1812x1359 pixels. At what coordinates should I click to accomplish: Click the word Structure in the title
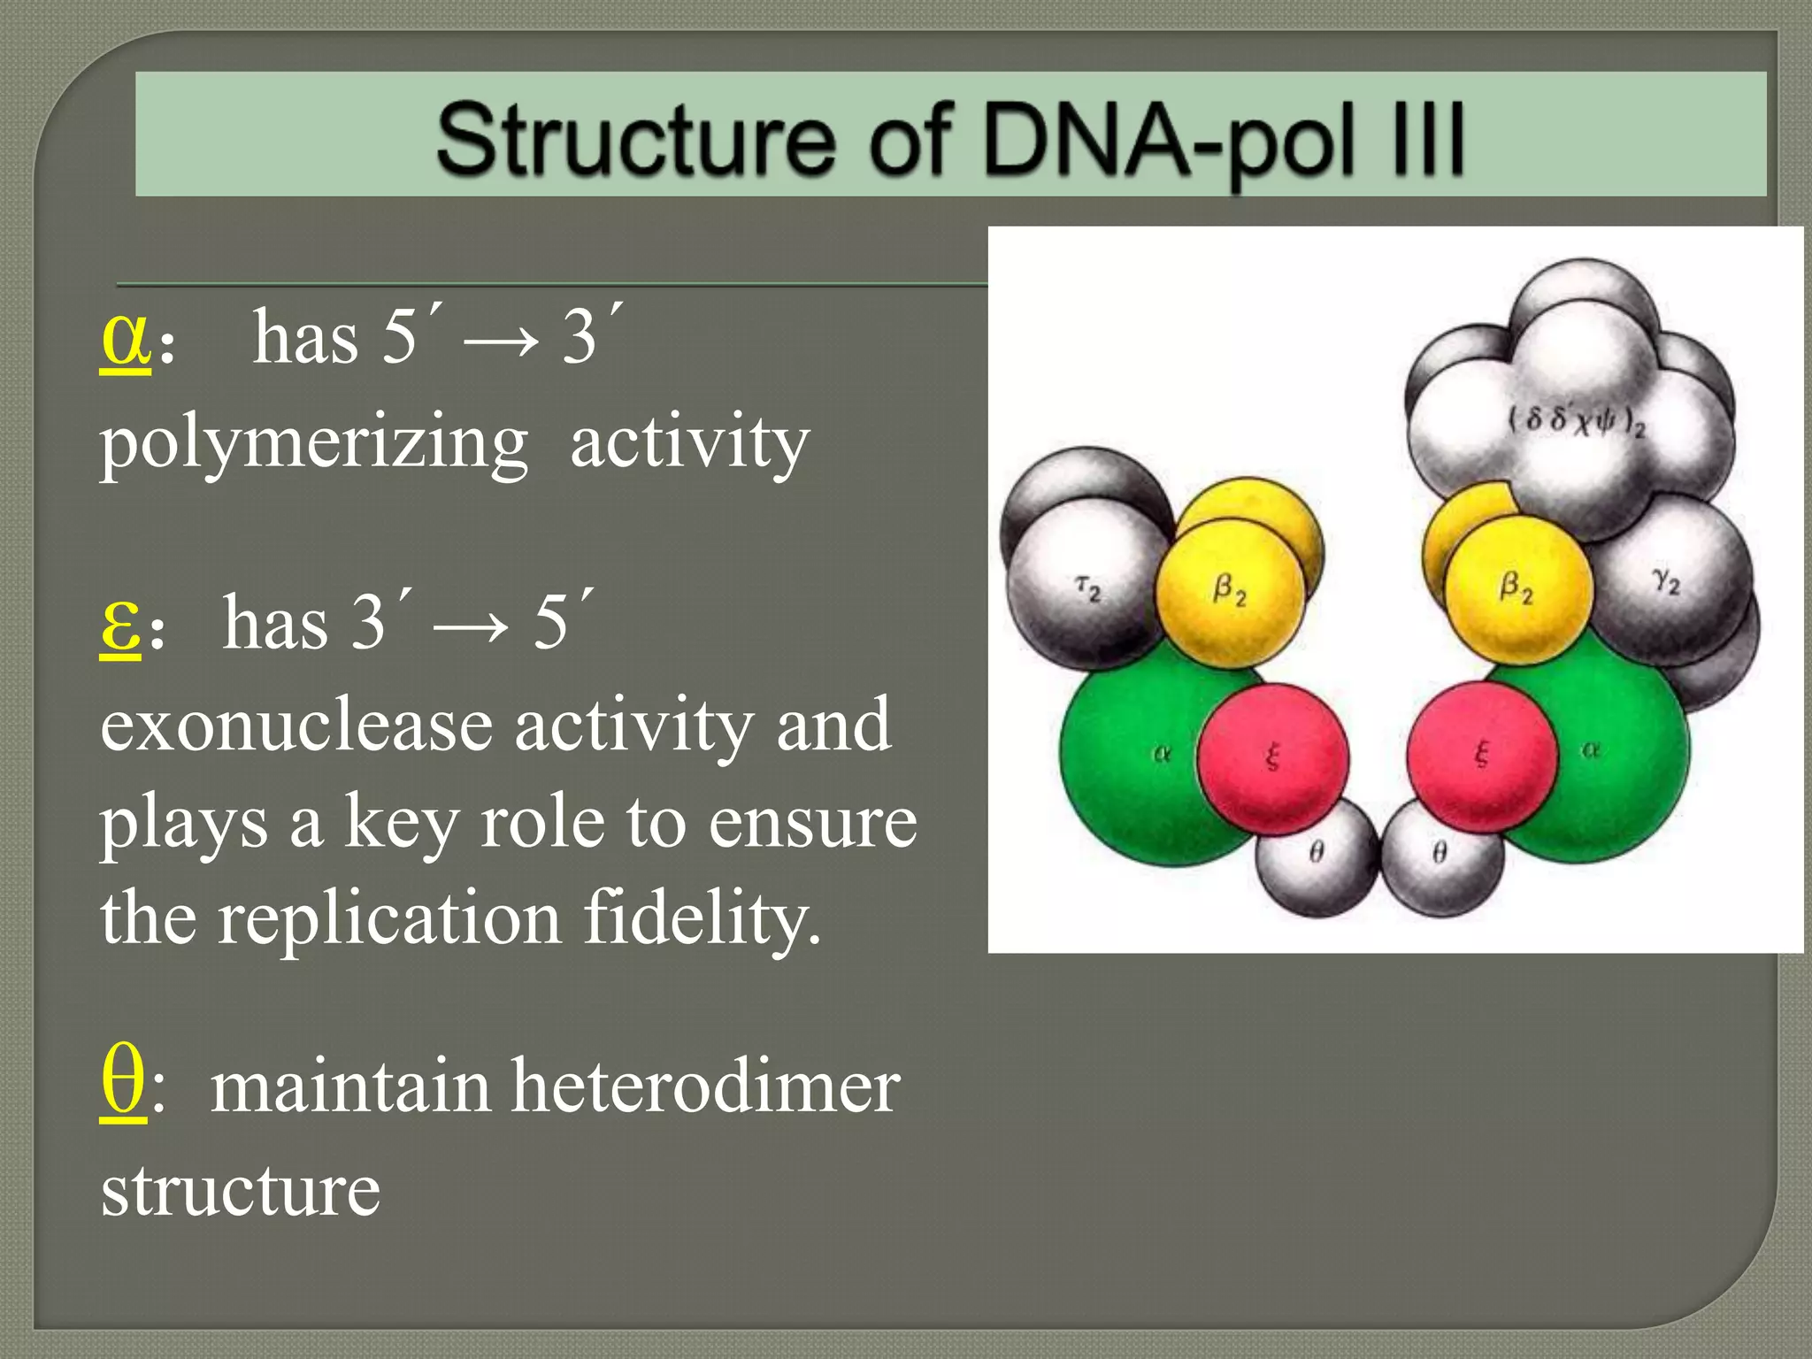point(635,139)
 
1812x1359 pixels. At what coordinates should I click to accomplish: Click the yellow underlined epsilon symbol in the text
point(120,623)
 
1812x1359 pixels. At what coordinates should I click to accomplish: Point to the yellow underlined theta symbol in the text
point(123,1083)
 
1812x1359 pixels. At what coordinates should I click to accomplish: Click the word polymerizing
point(313,444)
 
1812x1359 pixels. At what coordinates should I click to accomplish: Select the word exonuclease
point(296,726)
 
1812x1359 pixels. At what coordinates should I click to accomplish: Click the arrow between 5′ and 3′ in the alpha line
point(501,342)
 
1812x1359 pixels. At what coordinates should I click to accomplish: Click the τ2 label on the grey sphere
point(1088,587)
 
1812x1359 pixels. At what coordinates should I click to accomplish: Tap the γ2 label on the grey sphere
point(1666,581)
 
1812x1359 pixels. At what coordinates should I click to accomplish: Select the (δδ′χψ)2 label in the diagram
point(1576,420)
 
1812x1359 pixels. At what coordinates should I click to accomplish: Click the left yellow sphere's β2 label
point(1230,588)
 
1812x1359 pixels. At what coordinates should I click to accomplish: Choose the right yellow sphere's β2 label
point(1516,587)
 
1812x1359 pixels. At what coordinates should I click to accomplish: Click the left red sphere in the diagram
point(1272,756)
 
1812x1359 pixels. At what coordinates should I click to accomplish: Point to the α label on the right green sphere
point(1591,750)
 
